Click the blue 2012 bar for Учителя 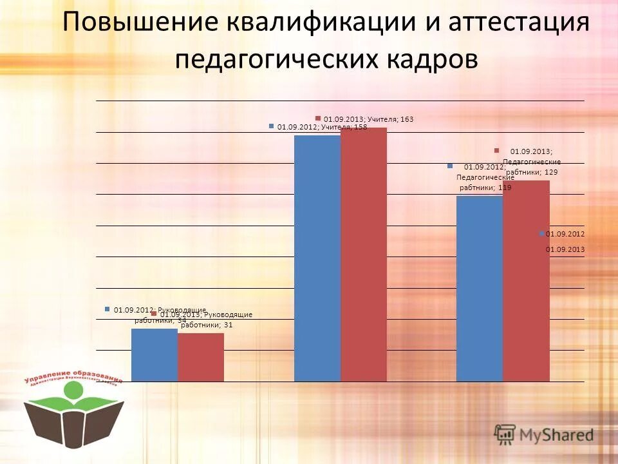click(317, 258)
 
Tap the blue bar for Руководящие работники click(154, 355)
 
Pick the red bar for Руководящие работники click(201, 358)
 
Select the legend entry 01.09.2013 click(565, 249)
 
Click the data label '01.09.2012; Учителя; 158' click(322, 128)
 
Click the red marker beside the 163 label click(318, 118)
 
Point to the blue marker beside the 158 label click(272, 127)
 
